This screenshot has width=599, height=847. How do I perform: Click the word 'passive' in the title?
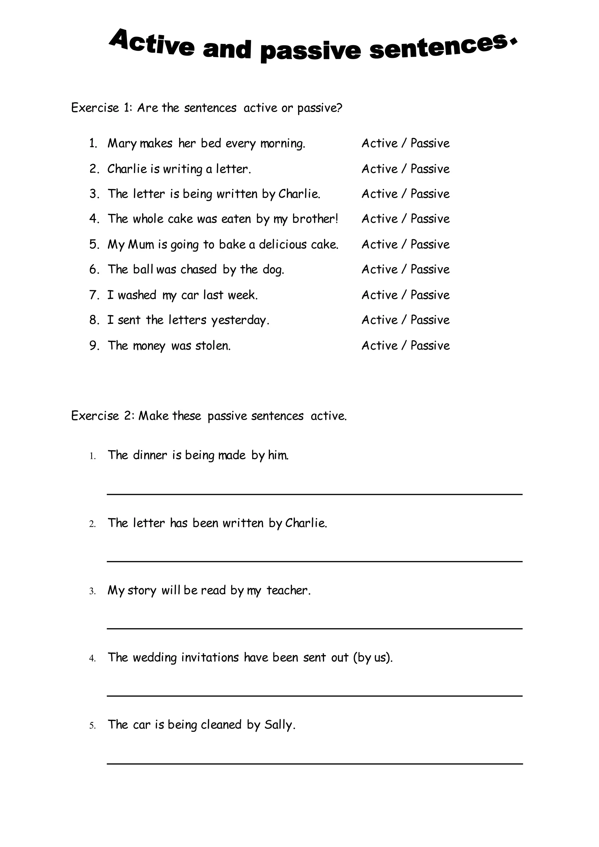click(x=310, y=51)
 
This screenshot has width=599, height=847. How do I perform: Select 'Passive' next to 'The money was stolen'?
click(x=430, y=346)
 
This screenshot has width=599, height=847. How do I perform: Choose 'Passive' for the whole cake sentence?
click(x=430, y=219)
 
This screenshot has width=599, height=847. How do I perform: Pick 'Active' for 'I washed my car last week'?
click(x=380, y=295)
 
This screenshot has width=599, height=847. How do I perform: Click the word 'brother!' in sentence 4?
click(x=315, y=219)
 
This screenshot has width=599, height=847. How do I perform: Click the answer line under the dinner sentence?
click(x=314, y=494)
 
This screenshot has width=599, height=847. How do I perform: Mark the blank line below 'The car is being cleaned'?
click(x=314, y=763)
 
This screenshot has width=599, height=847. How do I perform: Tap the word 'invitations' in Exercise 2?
click(x=210, y=658)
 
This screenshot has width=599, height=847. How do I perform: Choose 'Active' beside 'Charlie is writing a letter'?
click(x=380, y=169)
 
